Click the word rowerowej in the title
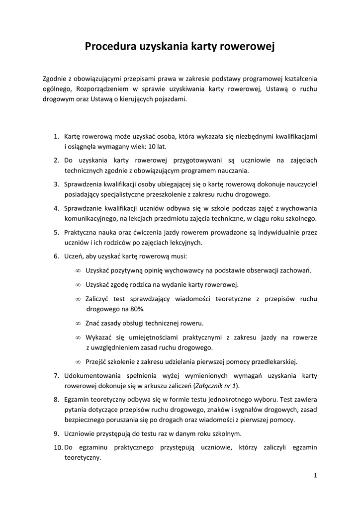(249, 47)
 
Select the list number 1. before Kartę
(57, 136)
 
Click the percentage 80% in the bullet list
(135, 309)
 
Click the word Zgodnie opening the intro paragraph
(55, 78)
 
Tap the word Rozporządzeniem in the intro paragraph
(102, 89)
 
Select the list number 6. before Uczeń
(57, 256)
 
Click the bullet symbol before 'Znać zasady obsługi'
(78, 323)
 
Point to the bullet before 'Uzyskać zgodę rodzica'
(78, 285)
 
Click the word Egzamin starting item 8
(79, 399)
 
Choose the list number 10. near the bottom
(58, 447)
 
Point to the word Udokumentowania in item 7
(94, 375)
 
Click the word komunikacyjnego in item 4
(94, 219)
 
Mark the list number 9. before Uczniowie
(57, 433)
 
